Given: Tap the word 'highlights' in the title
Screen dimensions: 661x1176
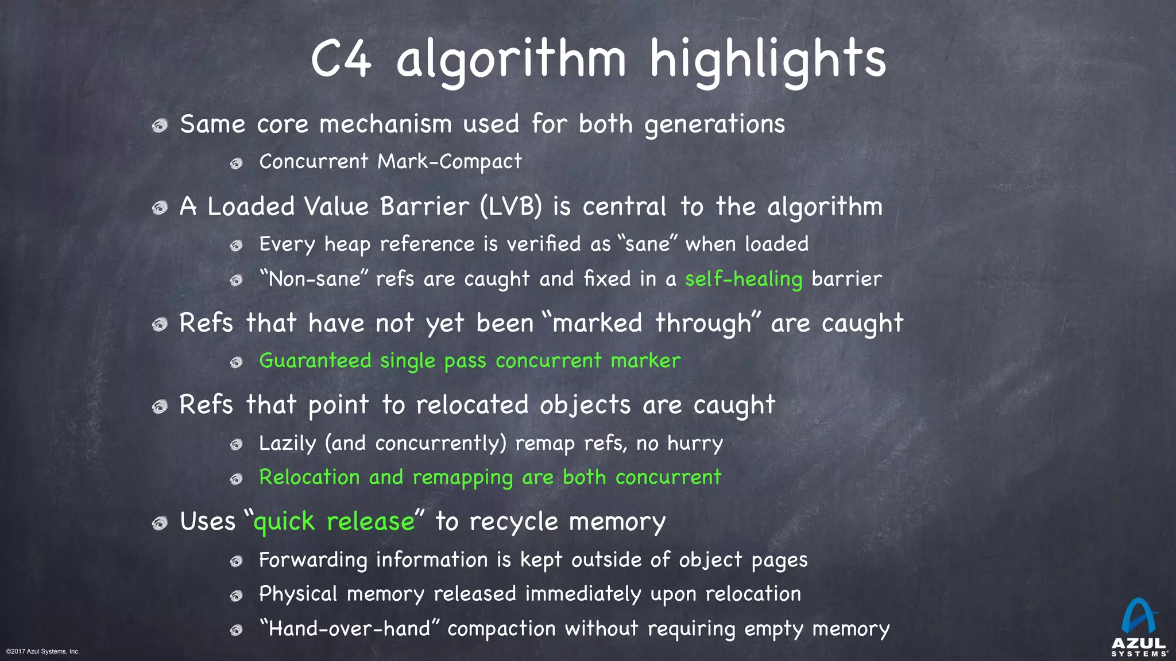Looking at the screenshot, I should pyautogui.click(x=768, y=60).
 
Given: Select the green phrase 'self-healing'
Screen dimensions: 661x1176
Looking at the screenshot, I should pyautogui.click(x=744, y=279).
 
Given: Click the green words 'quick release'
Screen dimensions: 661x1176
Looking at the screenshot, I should pyautogui.click(x=334, y=522).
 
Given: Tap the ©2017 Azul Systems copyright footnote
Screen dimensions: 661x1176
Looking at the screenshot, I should pyautogui.click(x=43, y=651).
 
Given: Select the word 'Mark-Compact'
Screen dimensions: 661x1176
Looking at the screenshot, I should pyautogui.click(x=450, y=162).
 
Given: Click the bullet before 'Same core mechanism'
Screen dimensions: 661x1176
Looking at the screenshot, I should pyautogui.click(x=160, y=125).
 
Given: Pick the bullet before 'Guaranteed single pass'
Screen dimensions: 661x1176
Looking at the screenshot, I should pyautogui.click(x=236, y=362).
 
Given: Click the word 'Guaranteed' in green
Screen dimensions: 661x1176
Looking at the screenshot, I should pyautogui.click(x=315, y=361).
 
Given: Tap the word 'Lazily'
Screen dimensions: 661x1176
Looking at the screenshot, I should pyautogui.click(x=287, y=444).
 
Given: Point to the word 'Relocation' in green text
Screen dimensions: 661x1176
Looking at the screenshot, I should pyautogui.click(x=309, y=477).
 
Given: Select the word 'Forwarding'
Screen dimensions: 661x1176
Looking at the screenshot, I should pyautogui.click(x=313, y=560).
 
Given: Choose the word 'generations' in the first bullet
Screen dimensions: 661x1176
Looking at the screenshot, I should pyautogui.click(x=714, y=125).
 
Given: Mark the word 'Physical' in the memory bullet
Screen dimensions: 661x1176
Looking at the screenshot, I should pyautogui.click(x=298, y=594).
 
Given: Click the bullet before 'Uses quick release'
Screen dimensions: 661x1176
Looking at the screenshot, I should pyautogui.click(x=160, y=523).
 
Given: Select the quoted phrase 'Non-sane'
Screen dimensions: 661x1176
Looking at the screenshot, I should pyautogui.click(x=313, y=279).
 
